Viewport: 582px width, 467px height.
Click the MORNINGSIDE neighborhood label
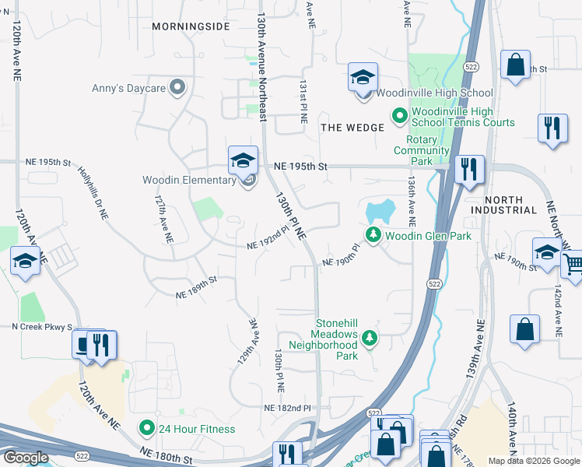191,26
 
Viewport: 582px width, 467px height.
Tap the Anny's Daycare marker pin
178,87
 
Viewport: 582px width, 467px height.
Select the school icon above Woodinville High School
363,79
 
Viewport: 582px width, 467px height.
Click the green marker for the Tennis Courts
399,117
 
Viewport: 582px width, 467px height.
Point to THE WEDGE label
352,128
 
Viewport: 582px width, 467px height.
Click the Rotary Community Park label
421,150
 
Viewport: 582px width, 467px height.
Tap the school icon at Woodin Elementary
243,161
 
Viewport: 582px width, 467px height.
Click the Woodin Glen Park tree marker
373,234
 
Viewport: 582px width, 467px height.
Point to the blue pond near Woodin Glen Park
378,211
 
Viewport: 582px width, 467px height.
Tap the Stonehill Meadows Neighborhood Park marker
370,337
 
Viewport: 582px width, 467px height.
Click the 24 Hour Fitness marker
145,427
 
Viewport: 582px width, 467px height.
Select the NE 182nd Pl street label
286,408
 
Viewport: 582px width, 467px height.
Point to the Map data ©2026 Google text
533,460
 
